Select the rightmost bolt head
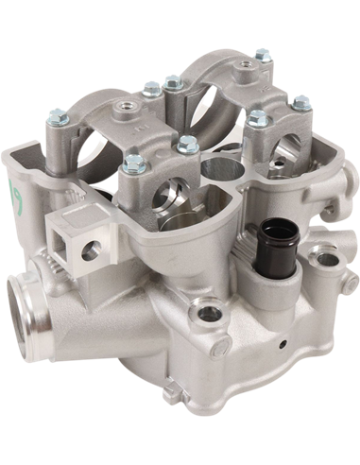pyautogui.click(x=301, y=102)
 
